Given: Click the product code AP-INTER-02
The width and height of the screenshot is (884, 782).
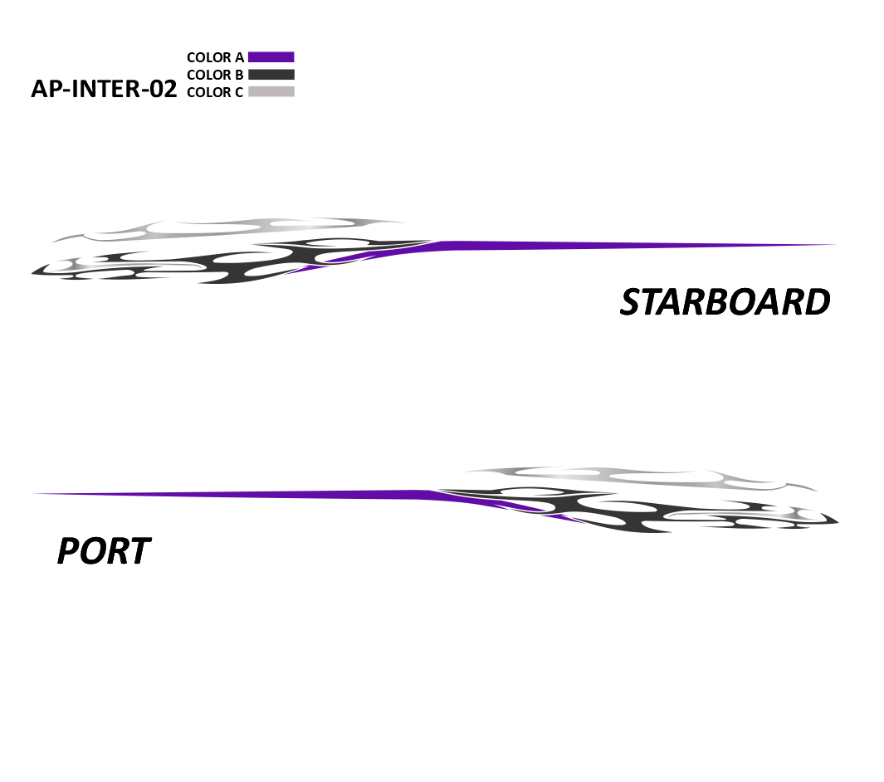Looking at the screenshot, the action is point(104,89).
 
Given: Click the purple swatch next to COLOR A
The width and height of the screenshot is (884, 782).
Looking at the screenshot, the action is point(271,57).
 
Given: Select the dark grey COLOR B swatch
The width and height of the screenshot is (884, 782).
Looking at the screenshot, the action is point(271,75).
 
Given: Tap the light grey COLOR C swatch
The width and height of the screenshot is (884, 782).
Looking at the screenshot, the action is point(271,92).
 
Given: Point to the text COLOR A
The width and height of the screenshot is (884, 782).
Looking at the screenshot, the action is point(215,57).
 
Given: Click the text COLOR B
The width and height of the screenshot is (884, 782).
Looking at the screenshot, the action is point(215,75).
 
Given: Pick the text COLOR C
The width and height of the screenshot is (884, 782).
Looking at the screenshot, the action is point(215,92).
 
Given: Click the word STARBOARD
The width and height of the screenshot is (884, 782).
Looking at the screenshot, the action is point(725,301).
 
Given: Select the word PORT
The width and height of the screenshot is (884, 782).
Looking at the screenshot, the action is point(104,551).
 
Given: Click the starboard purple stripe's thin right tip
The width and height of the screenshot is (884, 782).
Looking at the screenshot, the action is point(837,245).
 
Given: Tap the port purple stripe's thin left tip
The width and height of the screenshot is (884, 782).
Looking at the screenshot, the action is point(35,494).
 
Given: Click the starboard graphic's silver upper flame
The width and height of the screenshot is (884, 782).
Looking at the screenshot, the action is point(226,229).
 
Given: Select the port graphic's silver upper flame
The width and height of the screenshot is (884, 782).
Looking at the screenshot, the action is point(642,478).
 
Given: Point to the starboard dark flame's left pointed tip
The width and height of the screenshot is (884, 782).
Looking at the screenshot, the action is point(32,273).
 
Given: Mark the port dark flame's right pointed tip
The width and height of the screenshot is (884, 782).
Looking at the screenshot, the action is point(838,522).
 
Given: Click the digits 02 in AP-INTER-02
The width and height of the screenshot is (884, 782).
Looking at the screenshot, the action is point(164,89).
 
